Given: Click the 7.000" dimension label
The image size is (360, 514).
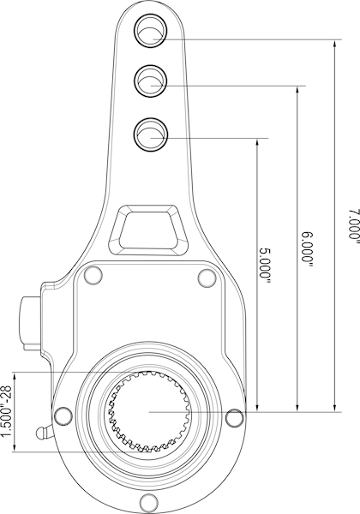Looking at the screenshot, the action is click(x=354, y=226).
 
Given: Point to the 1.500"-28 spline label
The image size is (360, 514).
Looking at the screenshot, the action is click(x=7, y=411).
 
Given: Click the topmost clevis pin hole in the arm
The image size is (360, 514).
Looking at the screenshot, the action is click(x=151, y=31).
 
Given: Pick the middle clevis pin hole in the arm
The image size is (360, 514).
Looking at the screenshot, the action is click(x=151, y=81).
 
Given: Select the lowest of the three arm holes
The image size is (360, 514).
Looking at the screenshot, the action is click(x=151, y=134).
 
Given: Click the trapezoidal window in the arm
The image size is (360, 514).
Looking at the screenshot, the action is click(x=149, y=230).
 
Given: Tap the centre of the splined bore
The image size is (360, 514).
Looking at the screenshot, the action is click(x=148, y=412).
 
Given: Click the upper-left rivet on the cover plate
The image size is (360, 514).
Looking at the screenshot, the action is click(x=93, y=275).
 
